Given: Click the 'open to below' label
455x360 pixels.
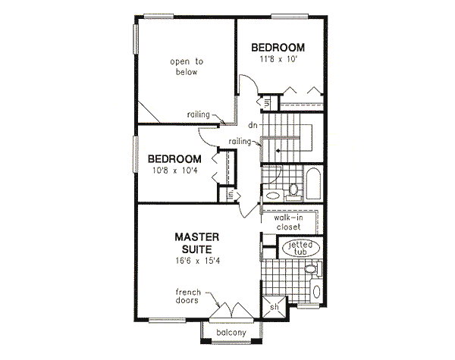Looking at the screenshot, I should coord(184,67).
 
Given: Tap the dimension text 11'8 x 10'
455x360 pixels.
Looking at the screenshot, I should coord(278,58).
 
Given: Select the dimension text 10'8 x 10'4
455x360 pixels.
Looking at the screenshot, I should coord(174,171).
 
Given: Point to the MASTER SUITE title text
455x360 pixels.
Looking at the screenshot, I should coord(200,242).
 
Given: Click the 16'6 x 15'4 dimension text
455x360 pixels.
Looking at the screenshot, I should coord(200,261).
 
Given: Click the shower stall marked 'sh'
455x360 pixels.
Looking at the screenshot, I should coord(276,307).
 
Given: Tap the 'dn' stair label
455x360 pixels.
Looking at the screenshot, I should coord(251,125).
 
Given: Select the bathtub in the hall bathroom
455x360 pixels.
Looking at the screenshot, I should coord(312,184).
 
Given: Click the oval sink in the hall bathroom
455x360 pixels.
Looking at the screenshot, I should coord(272,196).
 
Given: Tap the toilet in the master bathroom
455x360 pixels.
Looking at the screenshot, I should coord(309,269).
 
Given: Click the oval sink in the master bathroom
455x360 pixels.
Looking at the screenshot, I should coord(316,292).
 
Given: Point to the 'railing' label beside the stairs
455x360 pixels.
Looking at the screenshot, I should coord(241,142).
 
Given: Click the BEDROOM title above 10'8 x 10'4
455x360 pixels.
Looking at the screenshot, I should coord(174,159).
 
